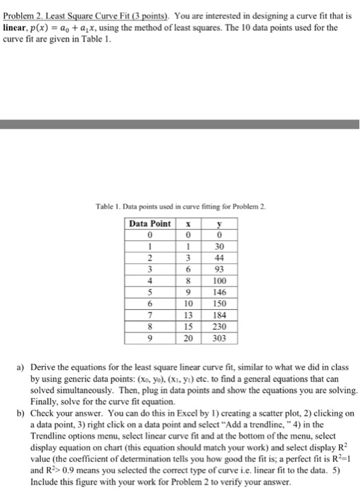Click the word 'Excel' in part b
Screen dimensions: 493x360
tap(193, 413)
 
